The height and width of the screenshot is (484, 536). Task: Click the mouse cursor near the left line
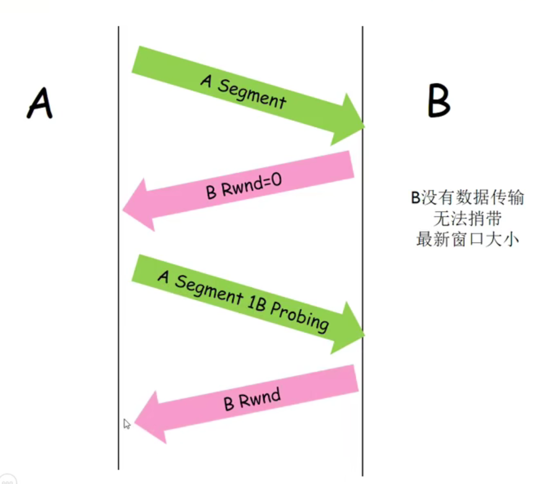[x=127, y=424]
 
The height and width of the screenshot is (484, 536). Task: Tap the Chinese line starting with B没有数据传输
[x=467, y=198]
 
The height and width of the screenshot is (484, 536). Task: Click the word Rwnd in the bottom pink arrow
[x=260, y=399]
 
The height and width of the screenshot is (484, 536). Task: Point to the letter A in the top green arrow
[x=206, y=81]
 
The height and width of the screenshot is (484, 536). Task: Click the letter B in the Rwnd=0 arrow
[x=211, y=193]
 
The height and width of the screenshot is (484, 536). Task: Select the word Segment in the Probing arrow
[x=207, y=289]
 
